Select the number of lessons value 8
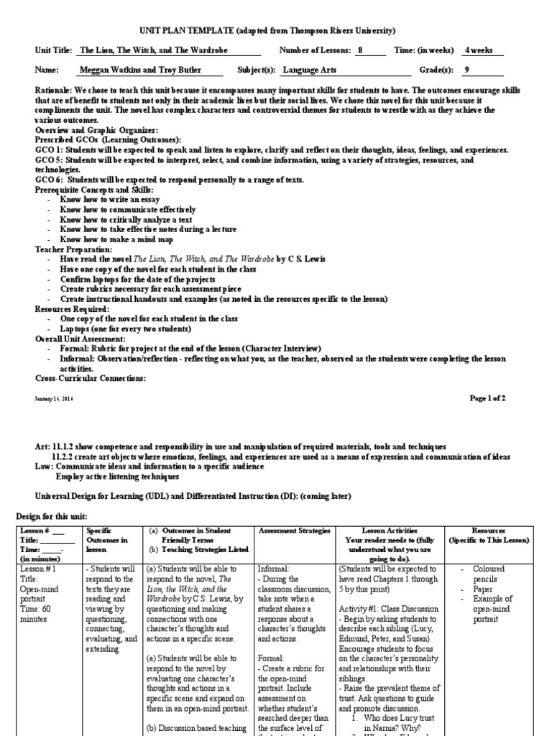pos(361,51)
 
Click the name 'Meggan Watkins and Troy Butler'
pos(141,70)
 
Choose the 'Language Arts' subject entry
pos(309,70)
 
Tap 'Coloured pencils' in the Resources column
pos(489,573)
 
